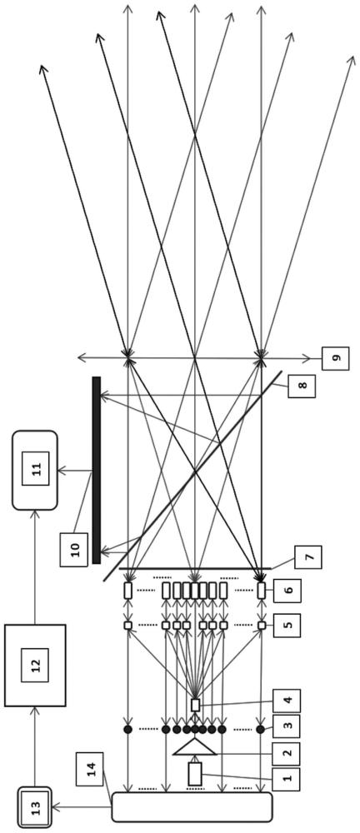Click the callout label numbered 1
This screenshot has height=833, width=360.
point(286,779)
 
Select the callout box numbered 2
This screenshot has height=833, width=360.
point(286,754)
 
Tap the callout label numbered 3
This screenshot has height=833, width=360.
point(286,726)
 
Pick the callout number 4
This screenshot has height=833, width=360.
point(287,701)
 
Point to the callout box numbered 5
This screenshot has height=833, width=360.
point(287,626)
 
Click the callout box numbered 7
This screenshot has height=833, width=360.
point(307,557)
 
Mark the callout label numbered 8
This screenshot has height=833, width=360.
point(302,387)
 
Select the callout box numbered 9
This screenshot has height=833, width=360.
point(336,358)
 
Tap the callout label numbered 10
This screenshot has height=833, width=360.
point(74,549)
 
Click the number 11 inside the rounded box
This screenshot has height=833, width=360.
point(36,468)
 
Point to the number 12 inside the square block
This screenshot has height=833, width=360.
point(35,665)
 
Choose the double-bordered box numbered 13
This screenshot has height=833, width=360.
point(34,807)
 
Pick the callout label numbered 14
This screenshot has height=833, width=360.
point(89,769)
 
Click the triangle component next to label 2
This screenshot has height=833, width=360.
point(195,746)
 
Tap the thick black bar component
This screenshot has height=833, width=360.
point(96,470)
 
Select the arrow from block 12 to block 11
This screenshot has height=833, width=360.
point(35,567)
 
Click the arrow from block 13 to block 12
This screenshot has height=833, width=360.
point(35,747)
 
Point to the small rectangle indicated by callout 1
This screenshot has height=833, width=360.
point(195,774)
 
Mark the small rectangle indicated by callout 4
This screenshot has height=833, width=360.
point(195,705)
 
